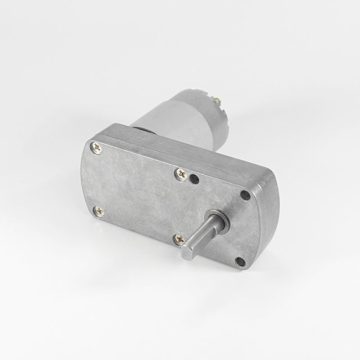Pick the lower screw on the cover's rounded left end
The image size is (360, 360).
(x=100, y=211)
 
